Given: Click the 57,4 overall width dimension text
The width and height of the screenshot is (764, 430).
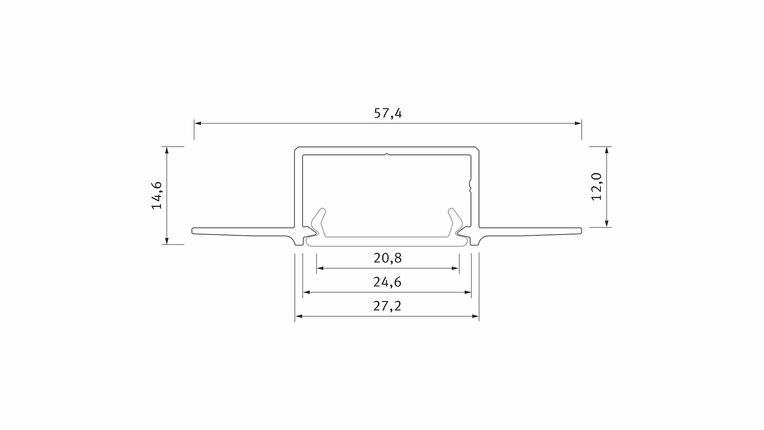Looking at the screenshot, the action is coord(388,113).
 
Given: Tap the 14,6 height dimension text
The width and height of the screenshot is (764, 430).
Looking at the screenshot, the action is coord(157,195).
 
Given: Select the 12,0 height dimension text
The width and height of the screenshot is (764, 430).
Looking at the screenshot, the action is coord(597,187).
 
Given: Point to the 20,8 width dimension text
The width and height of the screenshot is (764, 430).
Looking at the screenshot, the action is coord(388,258).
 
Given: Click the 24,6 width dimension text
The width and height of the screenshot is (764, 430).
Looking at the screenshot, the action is coord(387,282).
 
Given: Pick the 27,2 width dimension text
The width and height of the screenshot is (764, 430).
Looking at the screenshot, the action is coord(387,306).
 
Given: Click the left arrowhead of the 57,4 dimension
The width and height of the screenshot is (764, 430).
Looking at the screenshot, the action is coord(197,123).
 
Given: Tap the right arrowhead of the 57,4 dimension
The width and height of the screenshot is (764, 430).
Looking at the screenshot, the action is coord(578,123).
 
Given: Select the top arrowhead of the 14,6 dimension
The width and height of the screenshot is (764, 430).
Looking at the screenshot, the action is coord(167,150).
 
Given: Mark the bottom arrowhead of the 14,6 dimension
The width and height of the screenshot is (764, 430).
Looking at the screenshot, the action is coord(167,241).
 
